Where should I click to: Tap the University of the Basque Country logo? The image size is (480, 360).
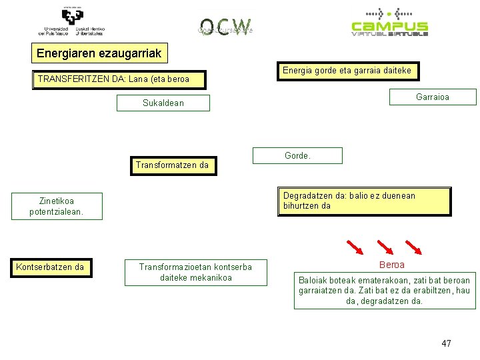(71, 22)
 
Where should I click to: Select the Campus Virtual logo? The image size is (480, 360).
(389, 23)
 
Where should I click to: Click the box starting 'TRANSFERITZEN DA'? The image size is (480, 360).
(119, 79)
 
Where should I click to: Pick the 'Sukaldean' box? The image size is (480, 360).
(163, 103)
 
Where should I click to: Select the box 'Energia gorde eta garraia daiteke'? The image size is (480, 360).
(347, 70)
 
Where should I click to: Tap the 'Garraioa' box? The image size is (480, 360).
(433, 97)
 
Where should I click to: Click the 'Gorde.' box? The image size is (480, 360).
(297, 155)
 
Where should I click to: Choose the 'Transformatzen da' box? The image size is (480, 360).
(172, 165)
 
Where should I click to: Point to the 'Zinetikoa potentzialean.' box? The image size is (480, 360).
(57, 207)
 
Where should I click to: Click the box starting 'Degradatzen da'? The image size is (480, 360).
(364, 201)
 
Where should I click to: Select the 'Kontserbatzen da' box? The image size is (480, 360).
(50, 267)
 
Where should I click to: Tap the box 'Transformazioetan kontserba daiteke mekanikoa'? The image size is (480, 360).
(195, 272)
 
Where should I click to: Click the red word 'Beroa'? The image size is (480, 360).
(391, 265)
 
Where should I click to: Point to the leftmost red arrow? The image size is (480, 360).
(355, 247)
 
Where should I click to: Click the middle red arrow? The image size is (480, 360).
(385, 247)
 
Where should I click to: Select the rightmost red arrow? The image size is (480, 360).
(414, 247)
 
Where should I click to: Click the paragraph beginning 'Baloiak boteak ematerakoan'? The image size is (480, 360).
(384, 291)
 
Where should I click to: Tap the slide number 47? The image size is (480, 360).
(446, 343)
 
